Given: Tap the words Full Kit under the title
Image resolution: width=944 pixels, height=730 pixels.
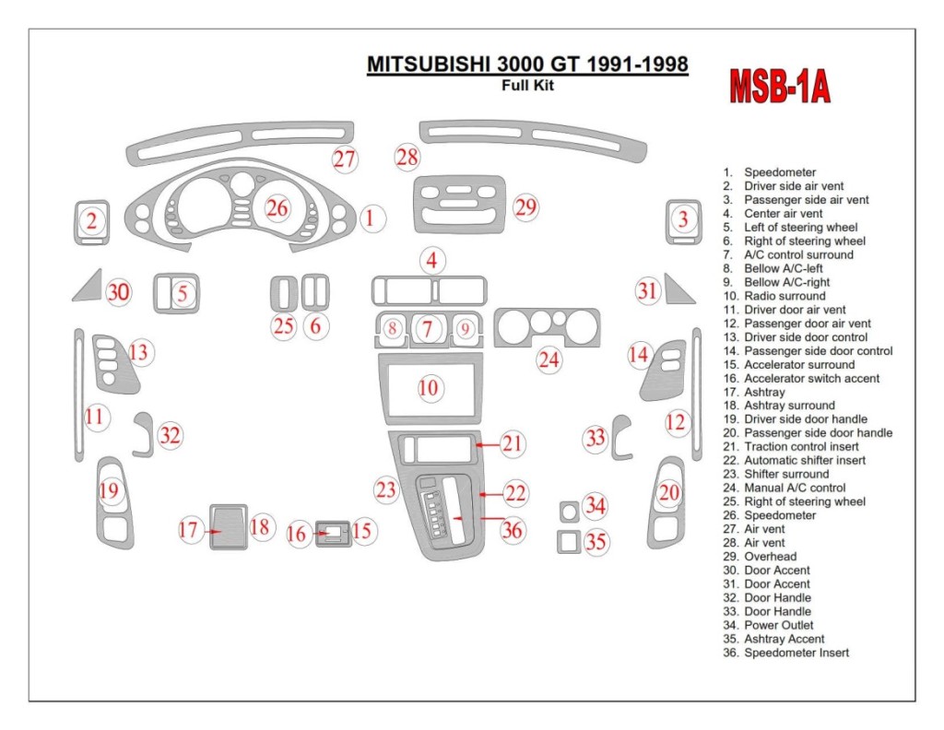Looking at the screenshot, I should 527,87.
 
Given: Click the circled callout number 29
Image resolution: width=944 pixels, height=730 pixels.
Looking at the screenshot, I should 525,206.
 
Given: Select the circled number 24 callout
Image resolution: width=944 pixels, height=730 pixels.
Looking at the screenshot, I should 549,359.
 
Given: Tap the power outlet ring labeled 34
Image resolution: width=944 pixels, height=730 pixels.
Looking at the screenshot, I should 568,510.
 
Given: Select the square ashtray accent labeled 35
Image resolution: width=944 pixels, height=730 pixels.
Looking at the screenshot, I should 568,541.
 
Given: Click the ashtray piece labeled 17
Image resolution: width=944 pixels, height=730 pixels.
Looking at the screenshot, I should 229,527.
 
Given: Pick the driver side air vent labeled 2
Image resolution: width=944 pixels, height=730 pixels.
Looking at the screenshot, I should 91,221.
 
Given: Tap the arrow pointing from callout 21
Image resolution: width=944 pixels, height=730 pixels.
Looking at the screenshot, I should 488,444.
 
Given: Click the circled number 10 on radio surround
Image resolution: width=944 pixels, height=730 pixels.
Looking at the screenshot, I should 429,388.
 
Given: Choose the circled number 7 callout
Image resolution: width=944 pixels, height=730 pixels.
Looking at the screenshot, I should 428,327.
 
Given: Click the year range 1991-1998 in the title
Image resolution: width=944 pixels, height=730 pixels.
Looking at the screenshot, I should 631,65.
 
